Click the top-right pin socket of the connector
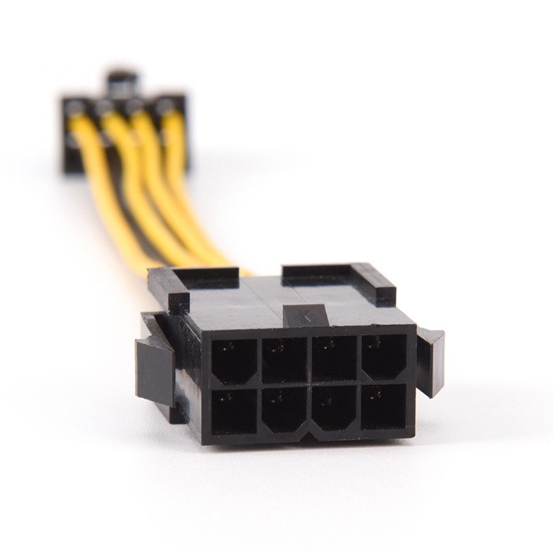[x=384, y=357]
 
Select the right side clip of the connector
[x=431, y=359]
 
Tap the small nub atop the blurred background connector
[x=122, y=79]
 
